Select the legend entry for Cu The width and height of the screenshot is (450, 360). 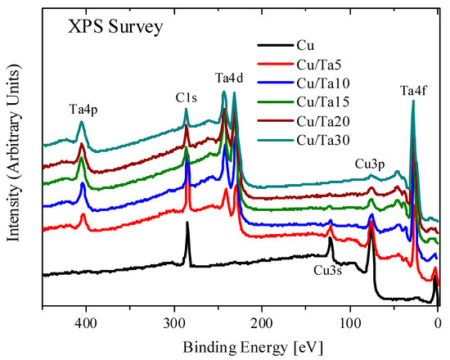click(313, 46)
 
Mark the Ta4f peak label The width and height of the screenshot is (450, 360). click(416, 90)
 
